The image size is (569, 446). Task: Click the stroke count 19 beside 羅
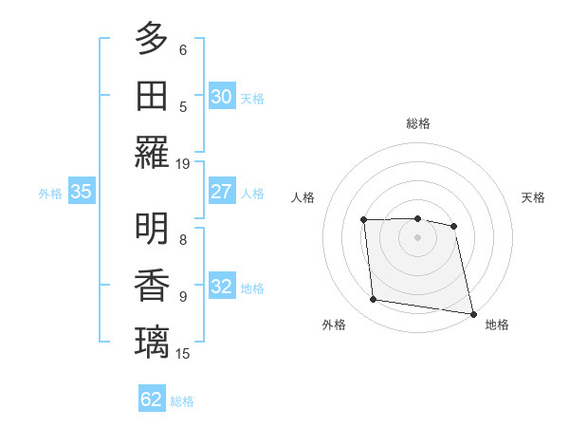coord(183,163)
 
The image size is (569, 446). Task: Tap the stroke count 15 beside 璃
coord(183,353)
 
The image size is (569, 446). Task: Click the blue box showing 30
coord(222,96)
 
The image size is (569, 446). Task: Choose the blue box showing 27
coord(222,191)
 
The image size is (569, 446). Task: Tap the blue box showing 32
coord(222,287)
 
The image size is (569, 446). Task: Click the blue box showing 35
coord(81,192)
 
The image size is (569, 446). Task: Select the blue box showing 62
coord(152,400)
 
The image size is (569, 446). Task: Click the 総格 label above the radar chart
coord(417,123)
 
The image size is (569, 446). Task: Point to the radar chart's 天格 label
coord(533,197)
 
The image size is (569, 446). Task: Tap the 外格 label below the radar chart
coord(334,325)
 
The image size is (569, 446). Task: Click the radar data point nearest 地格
coord(471,312)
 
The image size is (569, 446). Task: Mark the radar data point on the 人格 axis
coord(364,220)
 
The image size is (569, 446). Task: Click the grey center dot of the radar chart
coord(417,237)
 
